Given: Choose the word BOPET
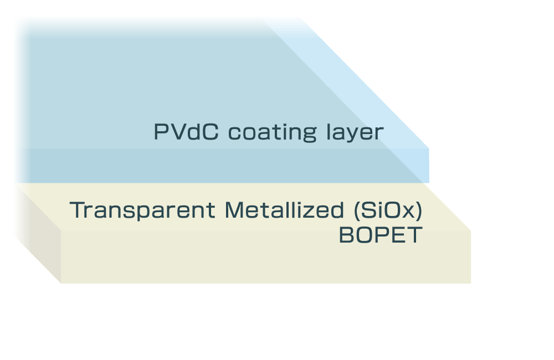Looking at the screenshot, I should (381, 235).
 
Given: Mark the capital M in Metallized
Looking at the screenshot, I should (233, 210).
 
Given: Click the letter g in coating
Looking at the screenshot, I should (312, 135).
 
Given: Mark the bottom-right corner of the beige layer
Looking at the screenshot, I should (470, 283).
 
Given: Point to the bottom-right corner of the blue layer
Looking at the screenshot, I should (429, 182).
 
